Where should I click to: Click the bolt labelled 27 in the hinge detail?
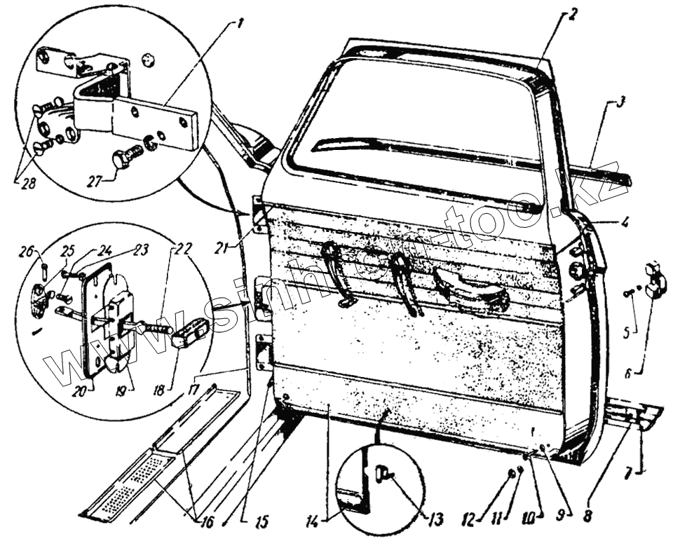tap(125, 159)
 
